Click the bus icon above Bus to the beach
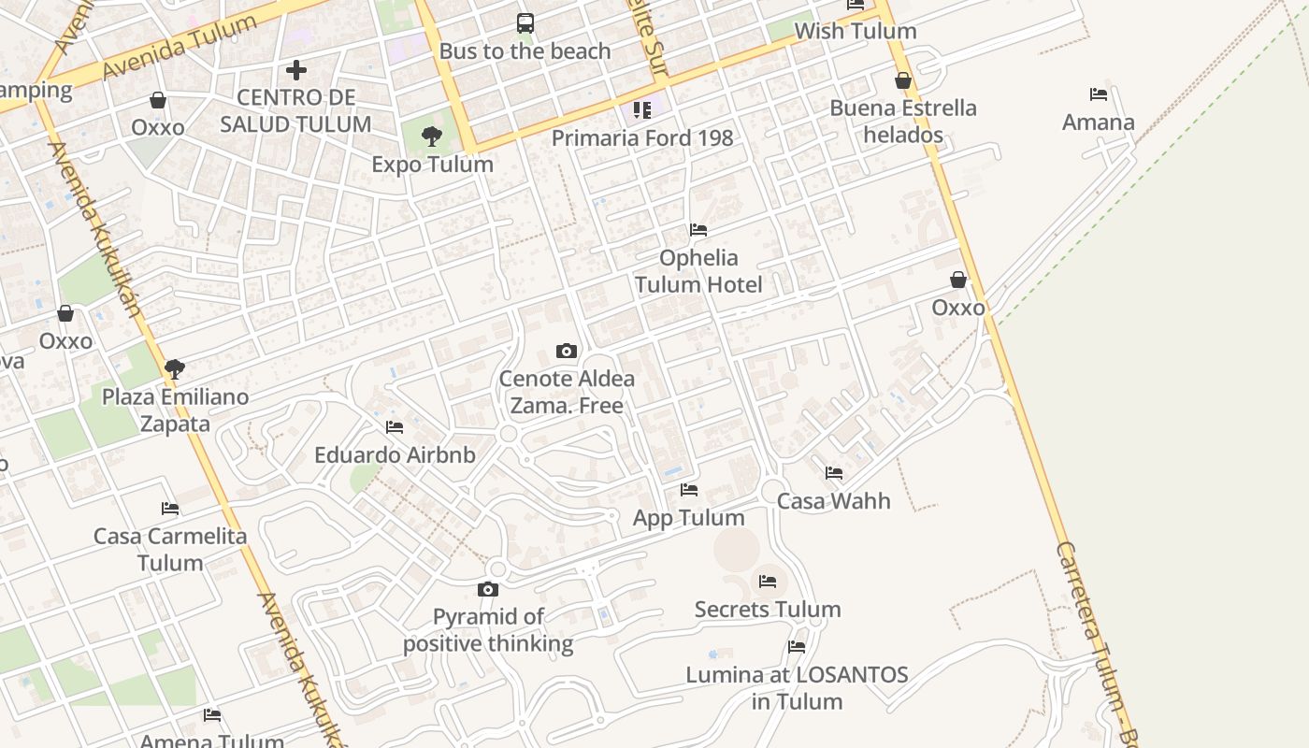(x=525, y=22)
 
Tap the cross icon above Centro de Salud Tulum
(x=296, y=69)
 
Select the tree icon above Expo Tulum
(x=431, y=137)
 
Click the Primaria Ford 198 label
(x=641, y=138)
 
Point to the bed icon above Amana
(x=1099, y=94)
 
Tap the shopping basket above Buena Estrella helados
(x=903, y=81)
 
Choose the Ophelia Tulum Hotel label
(x=698, y=271)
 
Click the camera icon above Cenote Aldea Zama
(x=566, y=352)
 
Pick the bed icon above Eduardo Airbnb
(x=395, y=427)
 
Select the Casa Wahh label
(x=833, y=501)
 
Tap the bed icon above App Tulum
(x=689, y=490)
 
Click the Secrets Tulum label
(x=768, y=610)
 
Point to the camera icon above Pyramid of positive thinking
(x=487, y=589)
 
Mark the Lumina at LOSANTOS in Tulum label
(x=797, y=688)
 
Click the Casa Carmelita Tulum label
(x=170, y=550)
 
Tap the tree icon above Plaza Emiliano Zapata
(x=174, y=369)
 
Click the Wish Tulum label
(x=855, y=31)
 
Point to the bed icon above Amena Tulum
(x=212, y=715)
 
